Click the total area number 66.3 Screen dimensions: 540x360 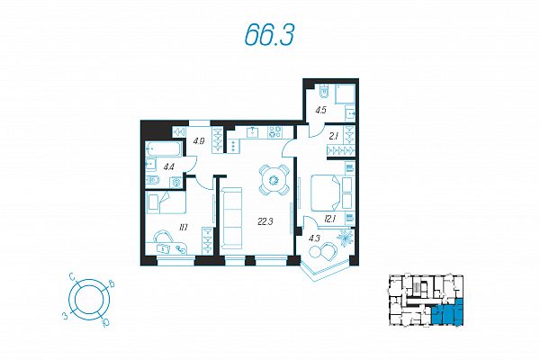[270, 35]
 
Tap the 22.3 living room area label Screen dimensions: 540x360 [265, 221]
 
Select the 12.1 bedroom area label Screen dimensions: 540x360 [329, 219]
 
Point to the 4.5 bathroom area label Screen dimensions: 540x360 [320, 110]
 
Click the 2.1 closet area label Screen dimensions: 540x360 [333, 137]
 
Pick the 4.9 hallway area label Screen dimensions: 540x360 [199, 140]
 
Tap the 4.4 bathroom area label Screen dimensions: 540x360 [169, 167]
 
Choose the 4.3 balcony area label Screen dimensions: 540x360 [314, 238]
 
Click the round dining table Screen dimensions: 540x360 [274, 180]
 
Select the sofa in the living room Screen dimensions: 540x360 [231, 218]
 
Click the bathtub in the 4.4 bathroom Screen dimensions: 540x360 [164, 148]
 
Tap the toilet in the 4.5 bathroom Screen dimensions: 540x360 [324, 91]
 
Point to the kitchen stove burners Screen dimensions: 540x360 [274, 132]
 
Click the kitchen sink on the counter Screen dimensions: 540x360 [253, 132]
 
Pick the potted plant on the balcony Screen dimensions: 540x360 [345, 238]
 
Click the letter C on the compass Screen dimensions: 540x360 [72, 276]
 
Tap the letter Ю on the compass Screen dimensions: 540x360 [105, 323]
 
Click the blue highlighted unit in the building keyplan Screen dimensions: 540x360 [446, 312]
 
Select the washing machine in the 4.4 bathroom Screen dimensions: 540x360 [176, 182]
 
